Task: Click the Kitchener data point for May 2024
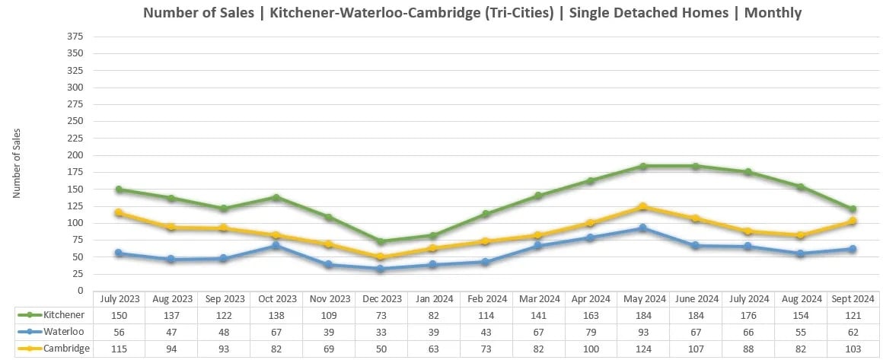pyautogui.click(x=643, y=166)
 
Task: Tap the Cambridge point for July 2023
pyautogui.click(x=118, y=213)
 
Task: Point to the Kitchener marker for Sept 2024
pyautogui.click(x=853, y=209)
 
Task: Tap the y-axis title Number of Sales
pyautogui.click(x=17, y=164)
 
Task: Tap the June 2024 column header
pyautogui.click(x=696, y=298)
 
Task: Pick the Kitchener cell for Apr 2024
pyautogui.click(x=591, y=314)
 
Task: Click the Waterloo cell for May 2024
pyautogui.click(x=643, y=331)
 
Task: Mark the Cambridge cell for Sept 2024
pyautogui.click(x=853, y=348)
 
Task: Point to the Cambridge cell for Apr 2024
pyautogui.click(x=591, y=348)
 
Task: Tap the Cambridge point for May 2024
pyautogui.click(x=643, y=206)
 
